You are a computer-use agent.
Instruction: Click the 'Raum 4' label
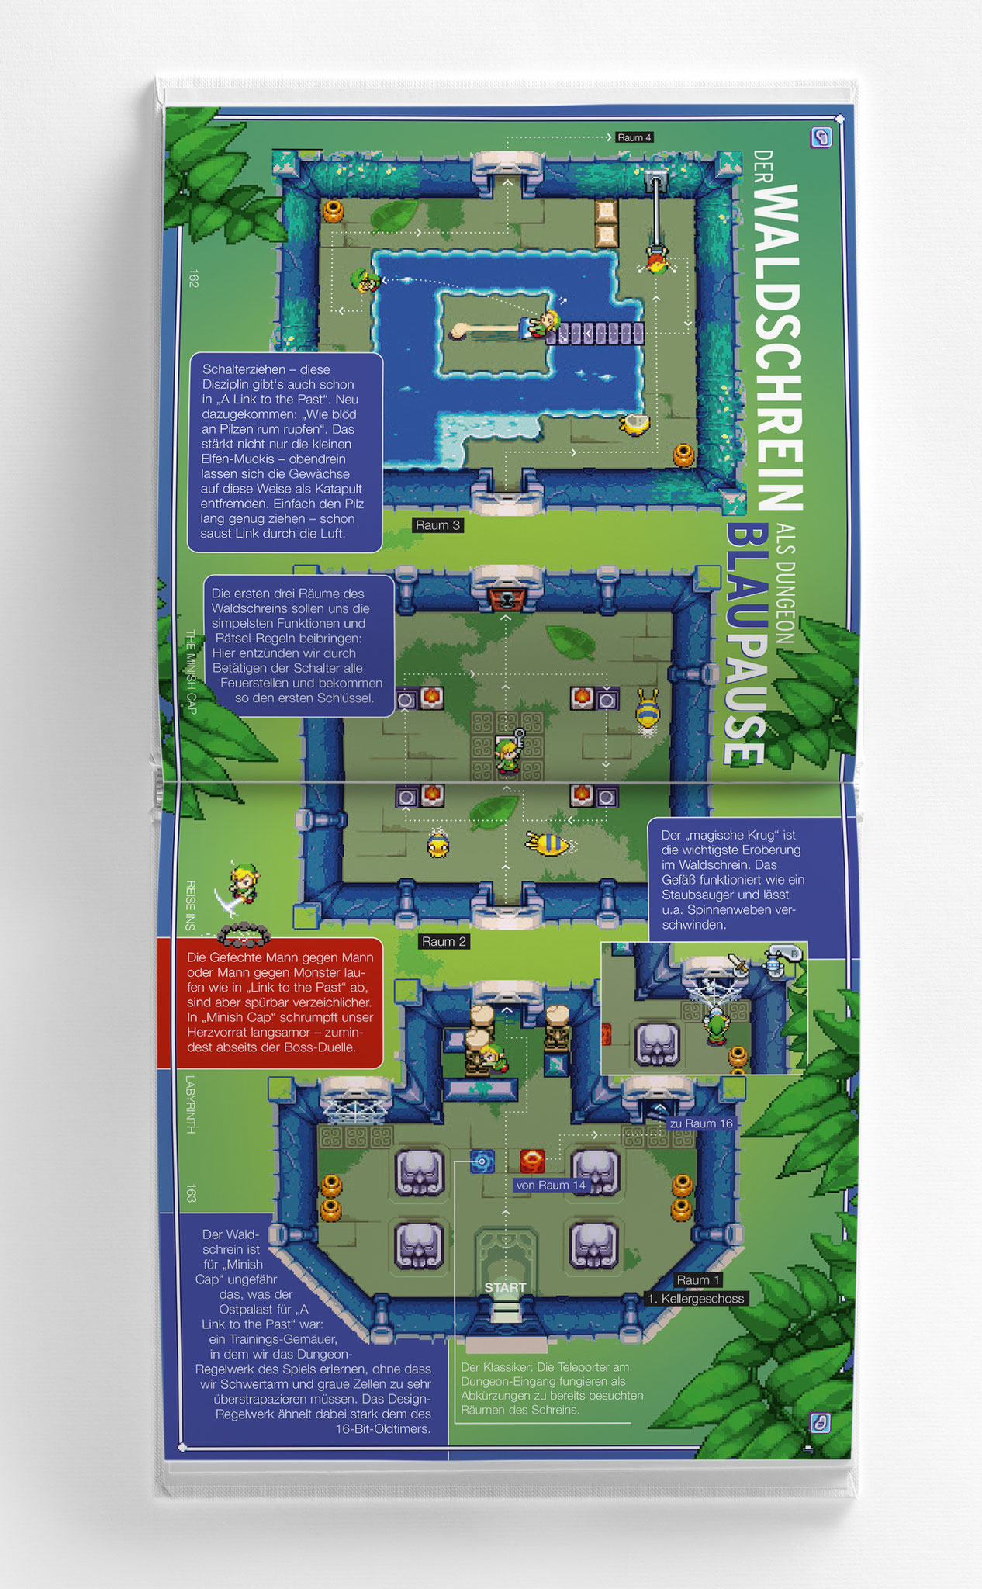[x=634, y=137]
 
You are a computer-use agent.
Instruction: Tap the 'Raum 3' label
[x=437, y=525]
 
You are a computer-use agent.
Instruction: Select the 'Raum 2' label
[x=444, y=941]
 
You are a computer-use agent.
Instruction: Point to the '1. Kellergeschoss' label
[x=696, y=1298]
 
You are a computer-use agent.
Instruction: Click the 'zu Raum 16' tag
[x=700, y=1123]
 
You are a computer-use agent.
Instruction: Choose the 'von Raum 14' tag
[x=551, y=1185]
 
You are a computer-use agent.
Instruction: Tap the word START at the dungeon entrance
[x=505, y=1287]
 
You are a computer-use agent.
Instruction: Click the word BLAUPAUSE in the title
[x=745, y=644]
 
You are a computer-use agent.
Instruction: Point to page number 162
[x=193, y=279]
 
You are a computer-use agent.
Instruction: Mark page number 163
[x=191, y=1193]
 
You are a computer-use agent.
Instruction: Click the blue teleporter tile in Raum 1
[x=482, y=1161]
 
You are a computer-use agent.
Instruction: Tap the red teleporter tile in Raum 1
[x=532, y=1161]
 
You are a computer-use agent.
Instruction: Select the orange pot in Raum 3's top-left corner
[x=334, y=210]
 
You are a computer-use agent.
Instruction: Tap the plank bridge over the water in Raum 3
[x=594, y=334]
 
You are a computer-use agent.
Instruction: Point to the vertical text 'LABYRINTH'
[x=191, y=1104]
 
